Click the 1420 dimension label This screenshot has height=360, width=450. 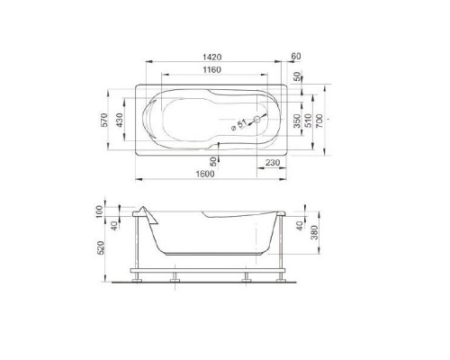click(212, 57)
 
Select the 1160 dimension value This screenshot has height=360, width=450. click(212, 70)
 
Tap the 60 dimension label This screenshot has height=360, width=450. click(296, 56)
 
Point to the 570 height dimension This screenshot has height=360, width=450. click(104, 120)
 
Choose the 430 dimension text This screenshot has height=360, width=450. click(120, 120)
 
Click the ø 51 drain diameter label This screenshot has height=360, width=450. click(238, 125)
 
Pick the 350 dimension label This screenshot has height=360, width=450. click(297, 121)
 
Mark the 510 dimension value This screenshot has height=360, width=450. click(308, 121)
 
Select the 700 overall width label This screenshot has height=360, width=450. click(319, 121)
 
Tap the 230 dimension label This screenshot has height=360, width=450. click(273, 163)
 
